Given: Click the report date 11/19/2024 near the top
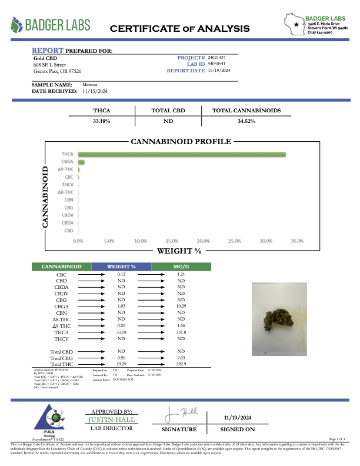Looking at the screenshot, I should [x=219, y=71].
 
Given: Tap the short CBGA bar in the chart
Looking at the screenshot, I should [x=81, y=162].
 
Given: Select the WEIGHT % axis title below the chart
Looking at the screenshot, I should [x=179, y=251].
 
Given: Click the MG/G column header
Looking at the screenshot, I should [x=181, y=267].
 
